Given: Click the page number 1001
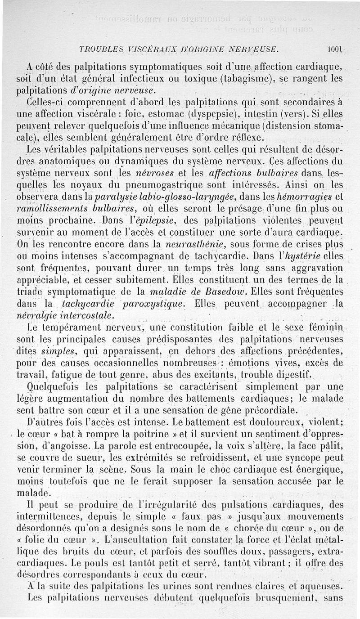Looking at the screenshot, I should pos(336,49).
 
